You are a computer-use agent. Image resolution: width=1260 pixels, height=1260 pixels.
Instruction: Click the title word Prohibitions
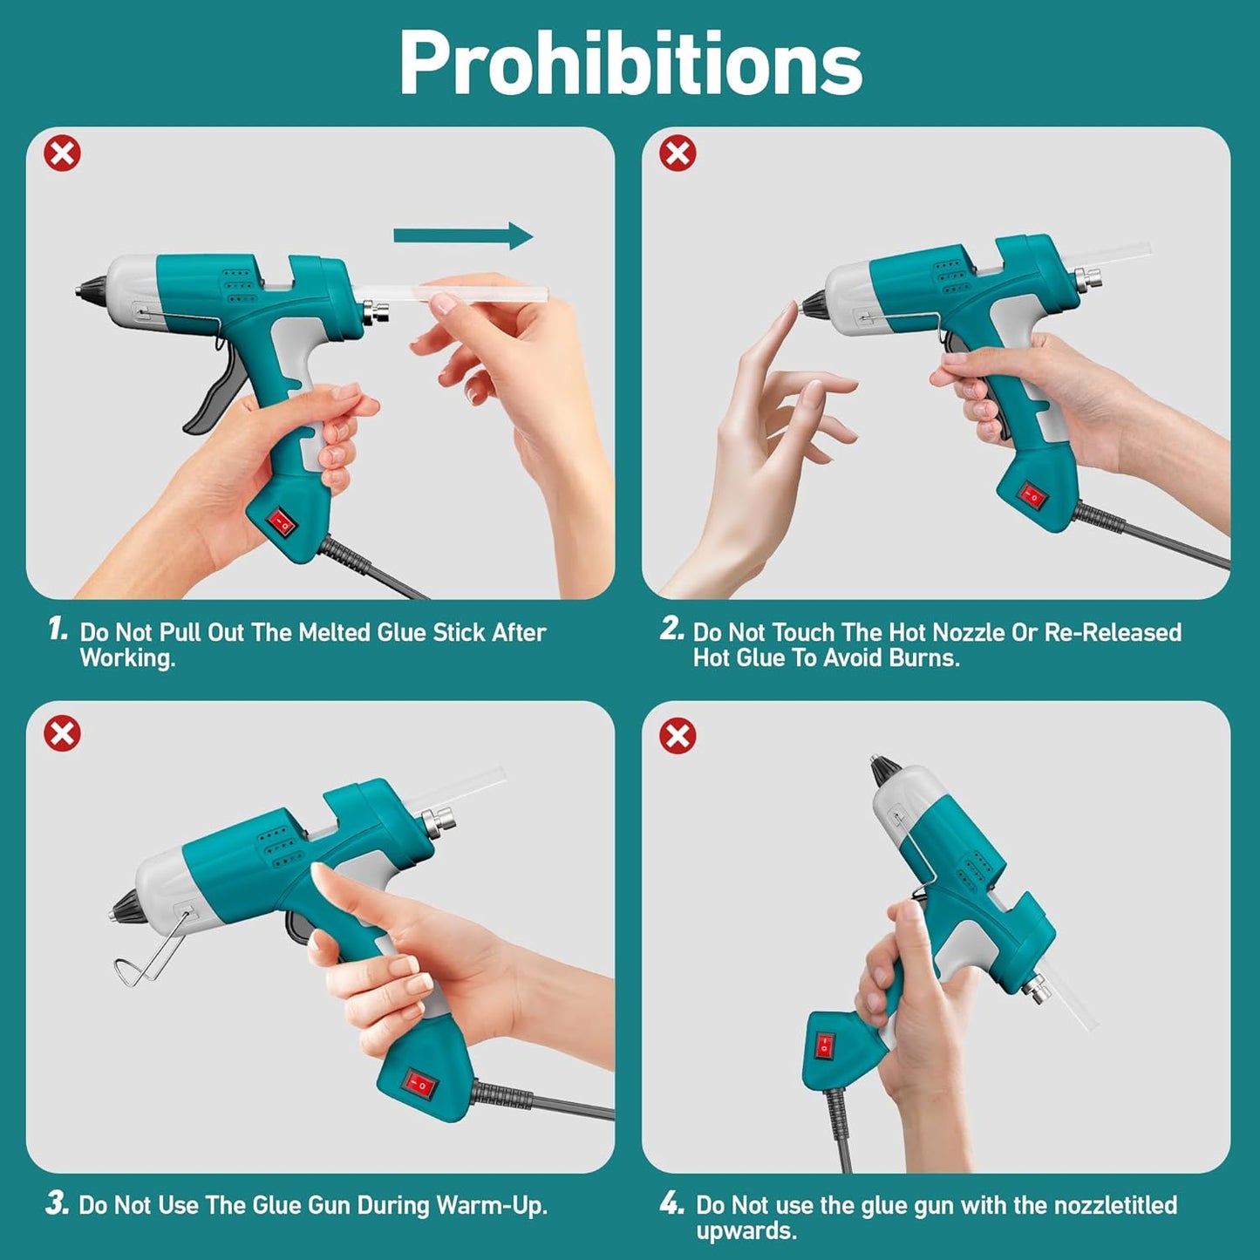630,63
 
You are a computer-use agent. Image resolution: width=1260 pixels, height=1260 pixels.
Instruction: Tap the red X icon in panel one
63,153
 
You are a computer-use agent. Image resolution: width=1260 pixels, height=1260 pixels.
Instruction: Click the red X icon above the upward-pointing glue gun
678,735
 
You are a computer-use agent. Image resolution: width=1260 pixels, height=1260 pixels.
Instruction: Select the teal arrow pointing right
463,235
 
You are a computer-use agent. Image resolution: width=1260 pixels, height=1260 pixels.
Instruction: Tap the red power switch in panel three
418,1084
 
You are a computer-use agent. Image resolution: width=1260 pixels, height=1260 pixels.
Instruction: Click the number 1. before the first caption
58,629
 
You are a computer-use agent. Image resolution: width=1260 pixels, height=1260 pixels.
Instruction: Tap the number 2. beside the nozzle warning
671,629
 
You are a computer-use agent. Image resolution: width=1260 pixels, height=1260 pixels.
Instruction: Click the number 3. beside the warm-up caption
58,1204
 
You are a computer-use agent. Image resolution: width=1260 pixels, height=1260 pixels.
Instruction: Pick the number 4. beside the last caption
671,1204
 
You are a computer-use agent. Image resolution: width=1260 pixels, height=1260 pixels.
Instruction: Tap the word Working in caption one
126,657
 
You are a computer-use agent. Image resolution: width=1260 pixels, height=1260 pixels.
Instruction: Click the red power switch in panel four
824,1045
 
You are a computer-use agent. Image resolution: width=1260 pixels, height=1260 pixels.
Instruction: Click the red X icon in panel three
63,733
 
